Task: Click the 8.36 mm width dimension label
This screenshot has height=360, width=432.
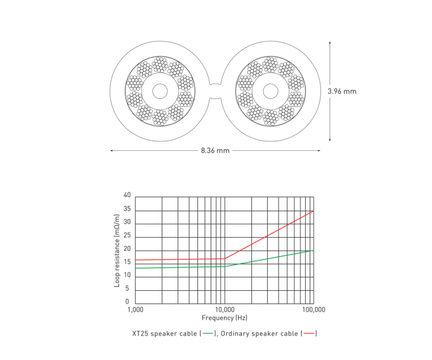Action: tap(215, 151)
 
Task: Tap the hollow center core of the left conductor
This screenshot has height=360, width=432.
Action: tap(160, 91)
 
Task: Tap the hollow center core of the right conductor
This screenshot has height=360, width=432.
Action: tap(270, 91)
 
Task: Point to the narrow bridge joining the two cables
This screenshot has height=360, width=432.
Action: tap(215, 91)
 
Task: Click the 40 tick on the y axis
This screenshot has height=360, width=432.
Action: tap(127, 196)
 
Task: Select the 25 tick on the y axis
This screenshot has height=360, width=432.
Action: tap(127, 236)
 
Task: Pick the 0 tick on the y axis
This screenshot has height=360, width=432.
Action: tap(129, 302)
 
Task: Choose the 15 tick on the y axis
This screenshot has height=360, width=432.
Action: tap(127, 263)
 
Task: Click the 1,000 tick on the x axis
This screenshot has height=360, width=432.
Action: tap(135, 310)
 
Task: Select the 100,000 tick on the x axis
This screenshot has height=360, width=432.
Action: tap(312, 310)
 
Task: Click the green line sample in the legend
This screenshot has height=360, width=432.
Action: tap(208, 333)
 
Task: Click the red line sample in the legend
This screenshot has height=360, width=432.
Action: tap(310, 333)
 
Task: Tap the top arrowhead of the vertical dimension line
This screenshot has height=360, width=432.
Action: tap(330, 42)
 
